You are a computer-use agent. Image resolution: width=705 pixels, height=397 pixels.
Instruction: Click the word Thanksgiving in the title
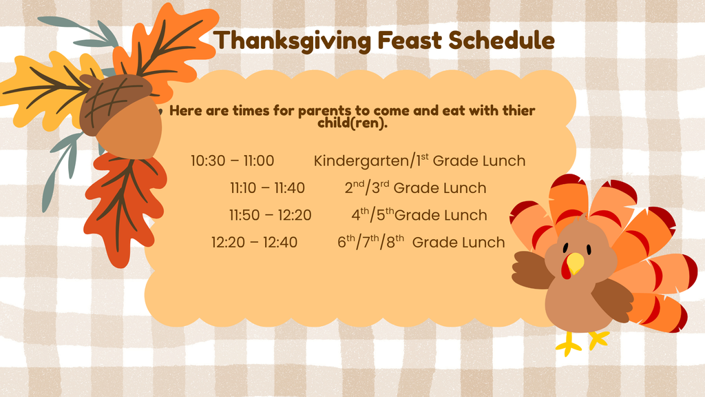click(x=292, y=41)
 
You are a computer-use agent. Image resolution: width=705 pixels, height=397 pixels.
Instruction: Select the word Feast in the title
click(x=410, y=40)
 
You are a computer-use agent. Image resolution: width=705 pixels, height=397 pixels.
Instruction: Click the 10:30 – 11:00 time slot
click(x=232, y=161)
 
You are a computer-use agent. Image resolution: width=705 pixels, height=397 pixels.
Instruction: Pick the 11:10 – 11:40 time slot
click(x=267, y=187)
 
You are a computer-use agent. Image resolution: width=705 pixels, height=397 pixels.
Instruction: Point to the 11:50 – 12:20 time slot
click(x=270, y=215)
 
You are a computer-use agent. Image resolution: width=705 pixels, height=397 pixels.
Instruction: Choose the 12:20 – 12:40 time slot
click(x=254, y=242)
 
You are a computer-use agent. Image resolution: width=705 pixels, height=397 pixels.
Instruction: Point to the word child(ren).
click(x=352, y=123)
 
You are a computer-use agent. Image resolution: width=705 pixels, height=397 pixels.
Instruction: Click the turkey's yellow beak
click(x=575, y=263)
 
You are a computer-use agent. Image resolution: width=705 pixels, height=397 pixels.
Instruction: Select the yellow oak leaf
click(x=48, y=90)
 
